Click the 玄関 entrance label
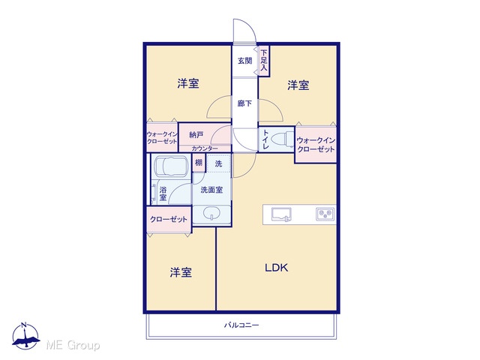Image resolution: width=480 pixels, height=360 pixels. pos(245,61)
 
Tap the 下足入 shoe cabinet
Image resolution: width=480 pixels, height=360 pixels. pos(264,61)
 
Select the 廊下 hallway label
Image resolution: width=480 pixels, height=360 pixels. pos(245,103)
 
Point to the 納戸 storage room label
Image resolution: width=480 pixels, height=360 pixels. pos(196,135)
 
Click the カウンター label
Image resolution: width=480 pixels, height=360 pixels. pos(205,148)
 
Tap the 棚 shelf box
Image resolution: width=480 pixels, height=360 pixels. pos(199,162)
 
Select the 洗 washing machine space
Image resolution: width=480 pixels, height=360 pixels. pos(218,163)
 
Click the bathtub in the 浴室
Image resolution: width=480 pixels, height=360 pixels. pos(172,166)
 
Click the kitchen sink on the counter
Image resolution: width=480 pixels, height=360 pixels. pos(281,214)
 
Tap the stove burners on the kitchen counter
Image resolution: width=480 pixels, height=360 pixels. pos(325,214)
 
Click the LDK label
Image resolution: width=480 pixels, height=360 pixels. pos(277,268)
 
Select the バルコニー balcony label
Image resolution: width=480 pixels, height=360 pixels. pos(241,325)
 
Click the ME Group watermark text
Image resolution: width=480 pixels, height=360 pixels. pos(73,345)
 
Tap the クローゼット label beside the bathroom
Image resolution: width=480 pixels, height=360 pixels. pos(169,219)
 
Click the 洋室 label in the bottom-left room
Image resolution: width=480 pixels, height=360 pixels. pos(181,272)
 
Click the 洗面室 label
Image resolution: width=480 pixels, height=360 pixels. pos(211,190)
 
